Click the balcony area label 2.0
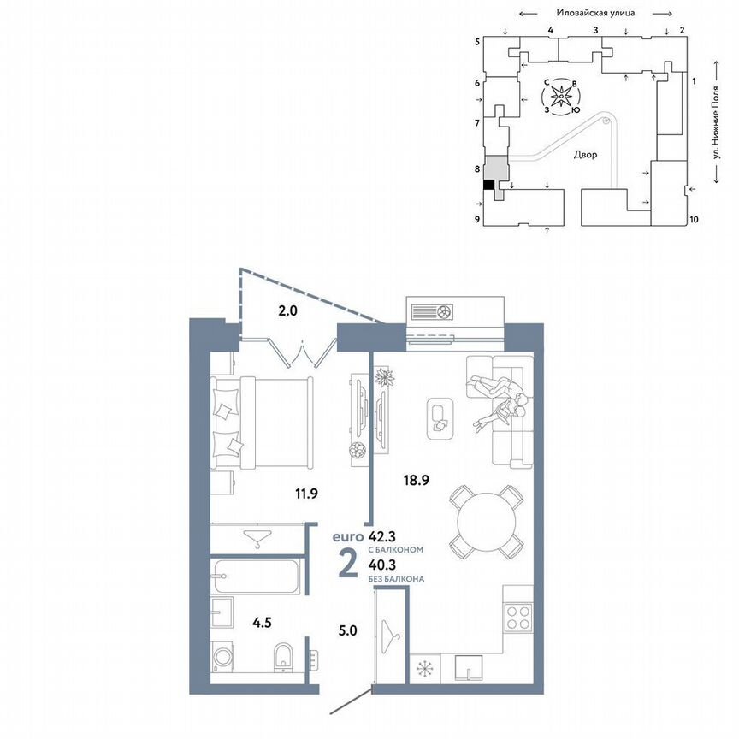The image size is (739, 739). pyautogui.click(x=287, y=311)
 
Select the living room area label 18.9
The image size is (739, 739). pyautogui.click(x=416, y=481)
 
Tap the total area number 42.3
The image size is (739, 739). pyautogui.click(x=382, y=538)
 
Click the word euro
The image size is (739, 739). pyautogui.click(x=348, y=538)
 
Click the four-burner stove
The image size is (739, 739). pyautogui.click(x=518, y=618)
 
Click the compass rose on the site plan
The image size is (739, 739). pyautogui.click(x=561, y=97)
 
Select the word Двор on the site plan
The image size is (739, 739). pyautogui.click(x=586, y=156)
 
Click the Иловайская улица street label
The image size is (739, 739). pyautogui.click(x=594, y=14)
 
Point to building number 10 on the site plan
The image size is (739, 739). pyautogui.click(x=694, y=220)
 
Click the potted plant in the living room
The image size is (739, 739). pyautogui.click(x=383, y=375)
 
